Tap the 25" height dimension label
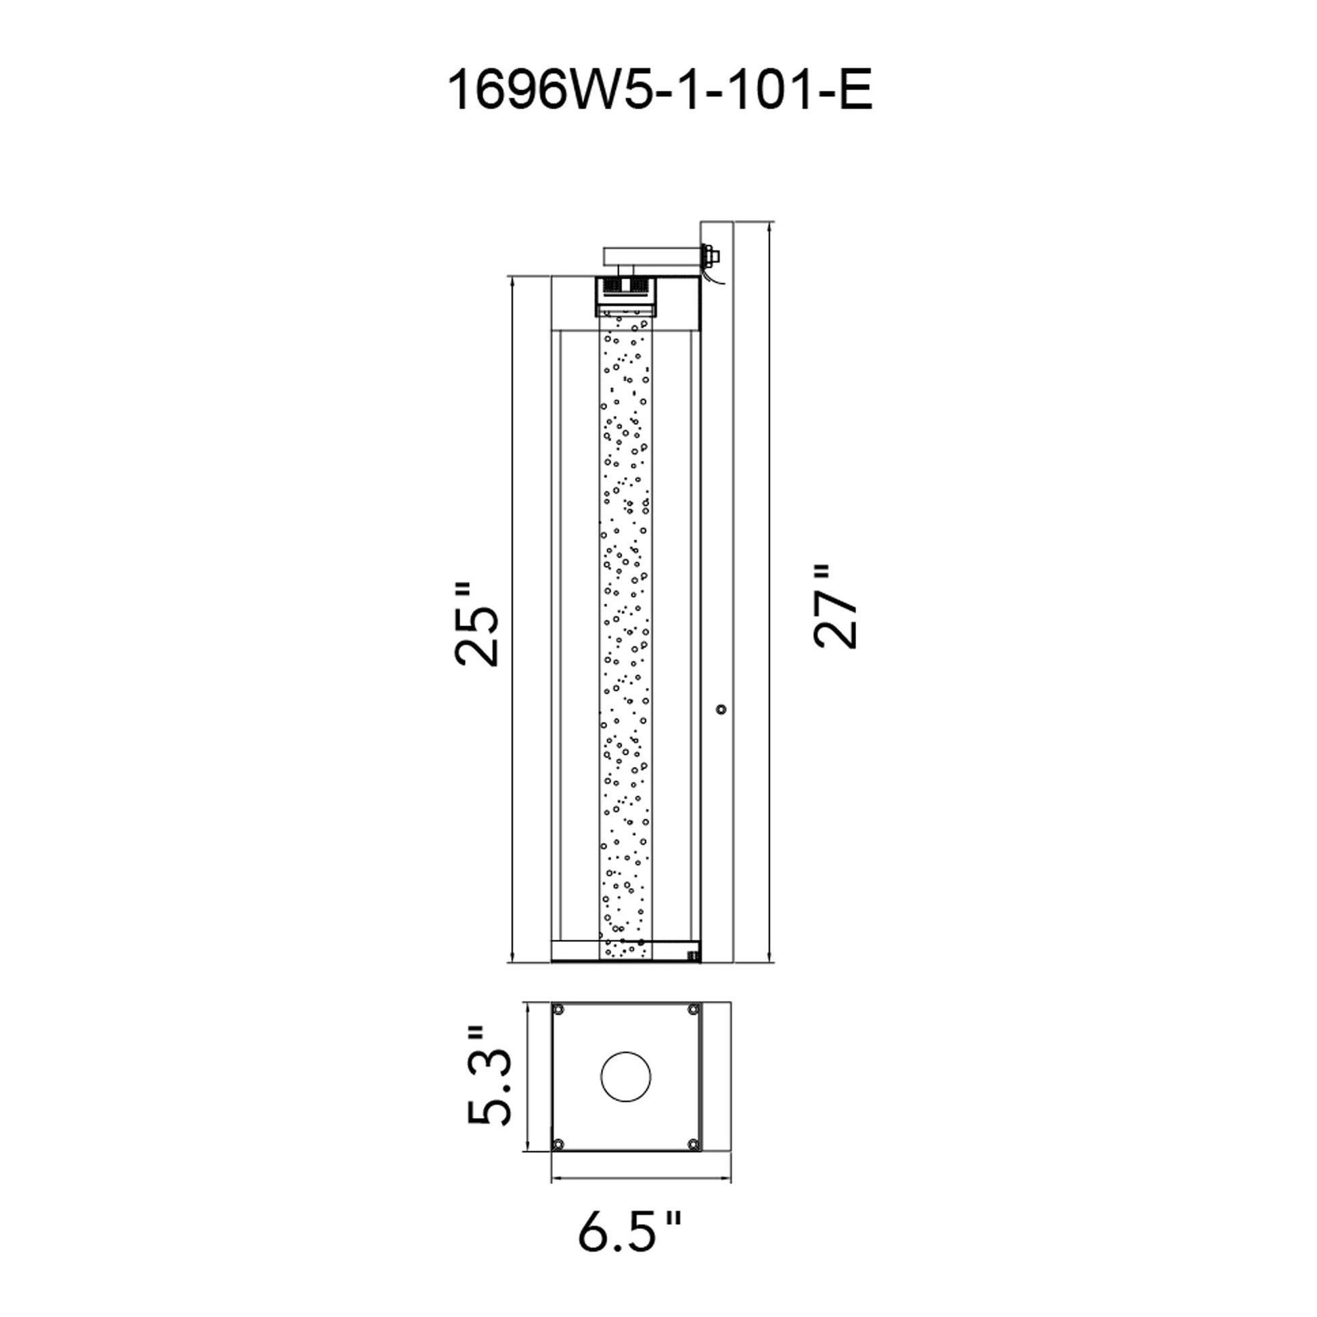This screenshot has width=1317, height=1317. [476, 624]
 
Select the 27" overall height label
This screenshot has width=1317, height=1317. [835, 606]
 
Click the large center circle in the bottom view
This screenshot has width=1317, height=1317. [625, 1077]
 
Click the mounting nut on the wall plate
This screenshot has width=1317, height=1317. [712, 256]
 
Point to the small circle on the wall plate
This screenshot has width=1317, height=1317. [721, 710]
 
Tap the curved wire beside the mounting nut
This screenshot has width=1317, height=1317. [713, 280]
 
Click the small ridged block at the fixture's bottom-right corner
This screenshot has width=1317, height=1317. [693, 956]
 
